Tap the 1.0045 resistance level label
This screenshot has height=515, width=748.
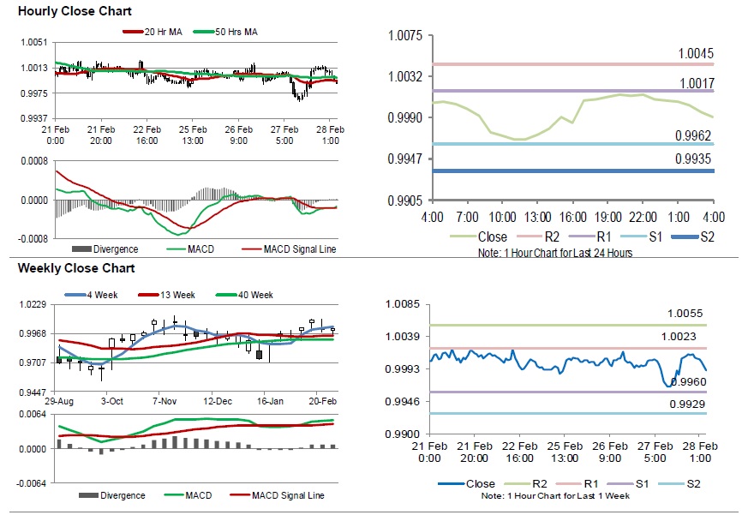tap(695, 54)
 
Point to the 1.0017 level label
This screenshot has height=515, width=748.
tap(695, 83)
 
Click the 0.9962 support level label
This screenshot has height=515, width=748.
tap(695, 135)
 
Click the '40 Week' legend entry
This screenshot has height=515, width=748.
tap(255, 295)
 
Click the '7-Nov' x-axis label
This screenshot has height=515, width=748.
tap(165, 400)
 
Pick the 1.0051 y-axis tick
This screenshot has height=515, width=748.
tap(33, 42)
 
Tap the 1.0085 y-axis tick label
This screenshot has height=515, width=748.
tap(404, 304)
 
